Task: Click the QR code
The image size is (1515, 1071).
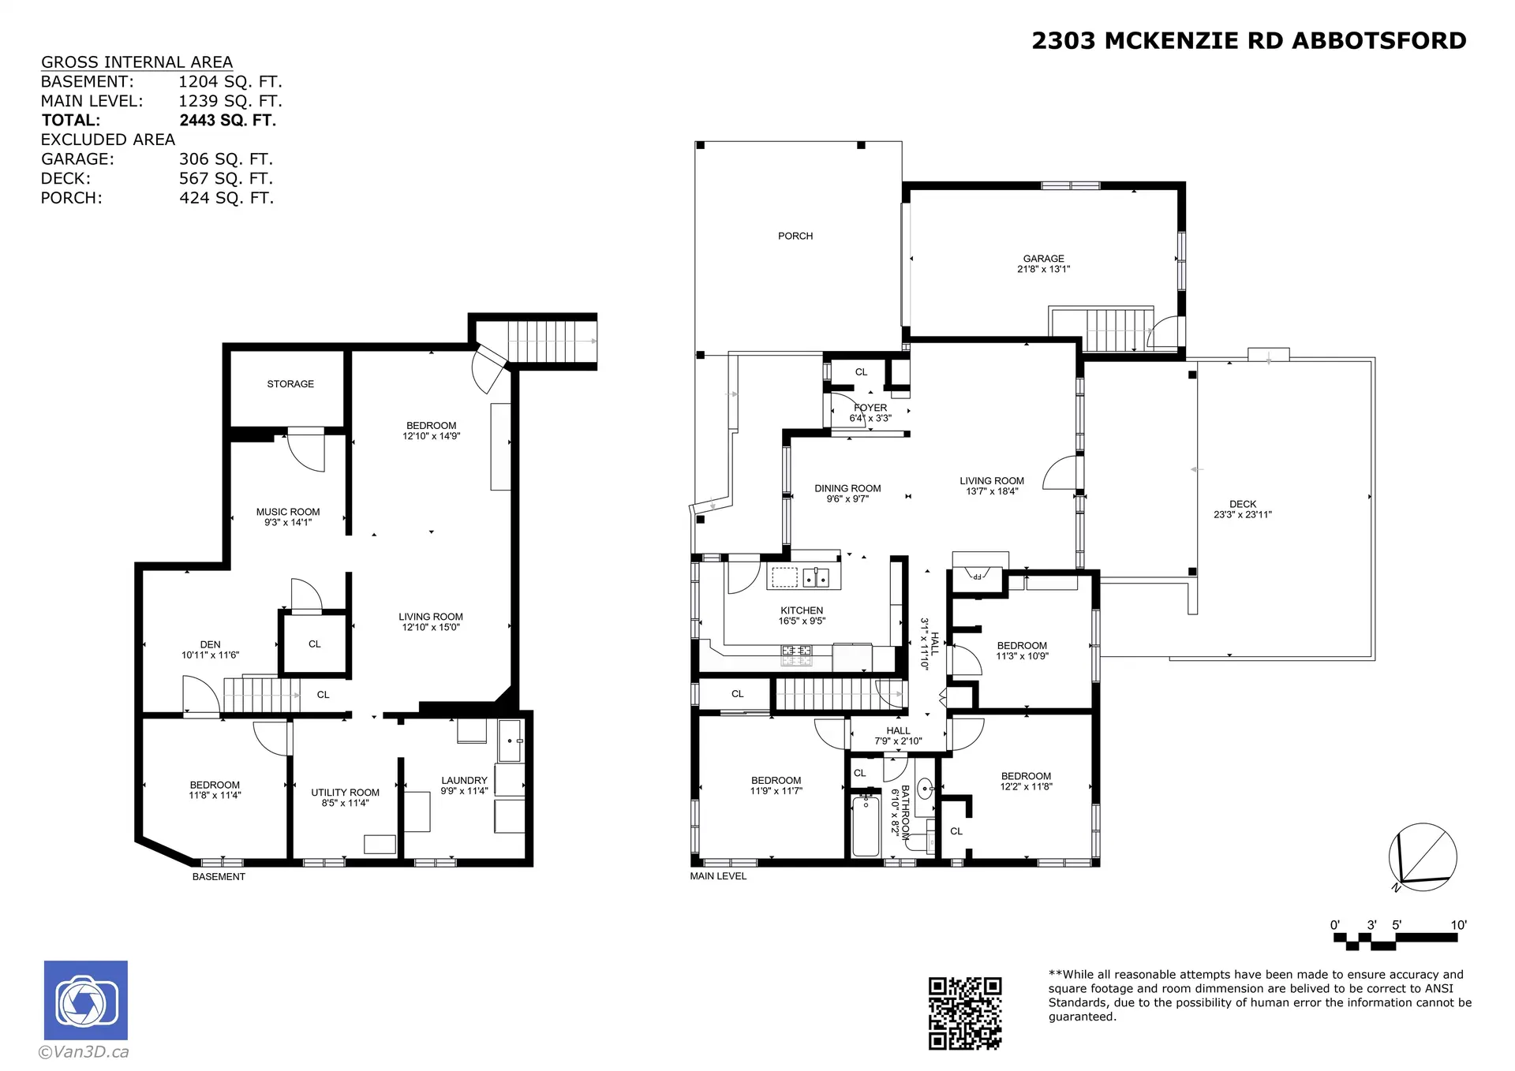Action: click(964, 1013)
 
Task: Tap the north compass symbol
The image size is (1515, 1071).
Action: click(1422, 857)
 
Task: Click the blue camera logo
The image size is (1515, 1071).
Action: click(85, 1000)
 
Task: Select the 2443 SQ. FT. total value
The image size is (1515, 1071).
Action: click(227, 121)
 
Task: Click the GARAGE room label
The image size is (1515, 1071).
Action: click(1043, 259)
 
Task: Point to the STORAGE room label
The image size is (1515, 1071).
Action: click(290, 384)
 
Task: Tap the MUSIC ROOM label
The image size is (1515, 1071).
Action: click(288, 512)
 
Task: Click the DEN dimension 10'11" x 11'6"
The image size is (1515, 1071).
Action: click(210, 655)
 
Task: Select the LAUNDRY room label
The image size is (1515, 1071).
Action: click(464, 780)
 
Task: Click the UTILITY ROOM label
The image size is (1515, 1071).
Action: click(345, 793)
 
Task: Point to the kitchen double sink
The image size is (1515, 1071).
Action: click(816, 578)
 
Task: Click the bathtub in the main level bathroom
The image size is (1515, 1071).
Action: click(866, 827)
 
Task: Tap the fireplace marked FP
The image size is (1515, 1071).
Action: click(976, 577)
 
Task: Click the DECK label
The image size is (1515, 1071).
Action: click(1242, 504)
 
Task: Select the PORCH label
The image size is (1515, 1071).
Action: click(795, 236)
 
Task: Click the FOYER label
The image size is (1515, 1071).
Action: click(870, 408)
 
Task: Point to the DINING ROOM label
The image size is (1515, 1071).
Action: click(847, 489)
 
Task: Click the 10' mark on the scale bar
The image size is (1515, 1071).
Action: click(1458, 925)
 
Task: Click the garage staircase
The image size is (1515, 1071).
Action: click(1114, 330)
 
